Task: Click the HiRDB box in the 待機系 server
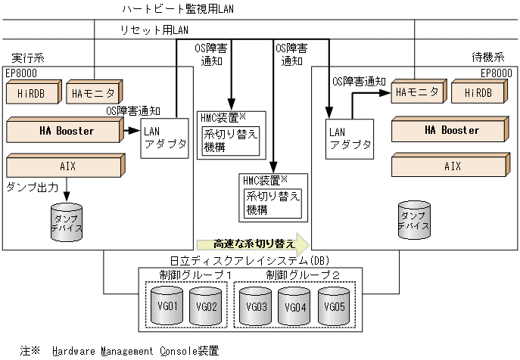[x=478, y=92]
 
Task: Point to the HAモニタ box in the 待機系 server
[x=417, y=92]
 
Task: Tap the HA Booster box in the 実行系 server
[x=67, y=131]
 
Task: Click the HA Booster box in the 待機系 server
[x=451, y=130]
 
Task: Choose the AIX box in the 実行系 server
[x=67, y=166]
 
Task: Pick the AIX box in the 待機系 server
[x=451, y=166]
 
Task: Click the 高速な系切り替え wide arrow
[x=253, y=244]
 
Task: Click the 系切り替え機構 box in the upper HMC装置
[x=230, y=141]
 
